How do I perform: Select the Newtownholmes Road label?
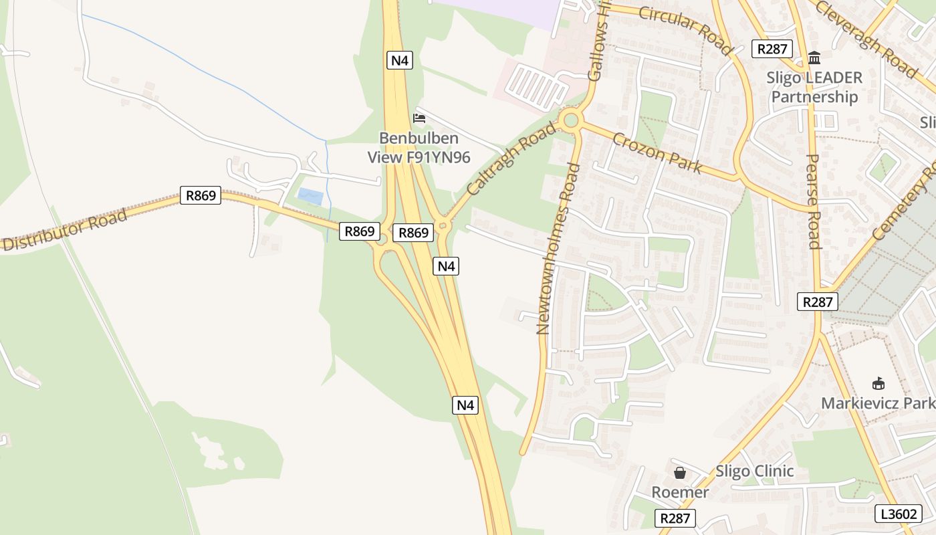point(558,247)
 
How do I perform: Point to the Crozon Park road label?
point(657,152)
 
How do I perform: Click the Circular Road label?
point(685,29)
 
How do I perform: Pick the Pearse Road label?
point(814,201)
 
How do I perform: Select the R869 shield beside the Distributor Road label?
point(201,196)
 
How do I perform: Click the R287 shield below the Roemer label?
point(676,518)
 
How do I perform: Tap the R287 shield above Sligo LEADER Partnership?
point(772,49)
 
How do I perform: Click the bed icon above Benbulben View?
point(419,118)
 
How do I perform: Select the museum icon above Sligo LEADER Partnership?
point(814,58)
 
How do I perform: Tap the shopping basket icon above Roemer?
point(680,473)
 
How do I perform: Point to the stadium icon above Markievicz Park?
point(879,384)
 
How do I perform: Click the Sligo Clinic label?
point(755,471)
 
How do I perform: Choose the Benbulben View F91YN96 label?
point(419,148)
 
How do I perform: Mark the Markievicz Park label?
point(877,403)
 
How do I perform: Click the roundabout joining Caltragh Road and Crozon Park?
point(570,121)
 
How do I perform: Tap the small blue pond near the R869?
point(310,197)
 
